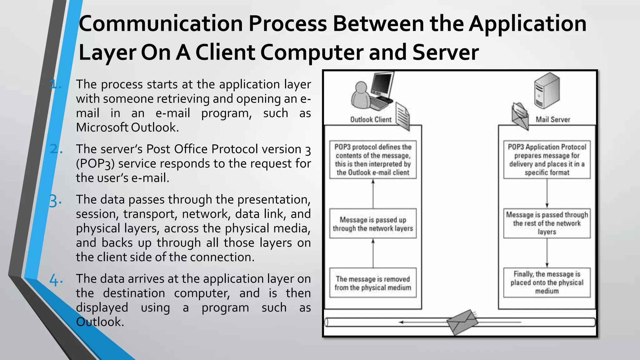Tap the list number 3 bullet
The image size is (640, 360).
point(55,201)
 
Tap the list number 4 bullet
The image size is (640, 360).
point(56,280)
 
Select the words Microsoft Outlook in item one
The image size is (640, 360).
point(127,128)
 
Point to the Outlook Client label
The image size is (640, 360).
point(371,120)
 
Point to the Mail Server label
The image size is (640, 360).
point(553,120)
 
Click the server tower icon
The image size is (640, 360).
point(547,90)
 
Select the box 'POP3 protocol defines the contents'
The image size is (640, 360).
point(373,160)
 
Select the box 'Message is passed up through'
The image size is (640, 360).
point(373,224)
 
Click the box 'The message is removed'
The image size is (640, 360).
point(373,283)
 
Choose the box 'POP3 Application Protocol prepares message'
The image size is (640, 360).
point(547,160)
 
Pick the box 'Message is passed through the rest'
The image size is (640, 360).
point(547,223)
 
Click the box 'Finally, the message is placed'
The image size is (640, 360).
point(547,282)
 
